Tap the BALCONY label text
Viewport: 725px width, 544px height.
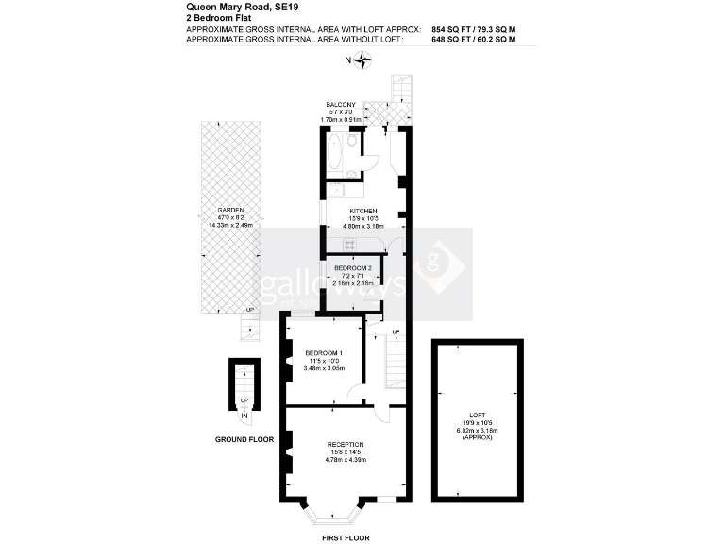point(341,103)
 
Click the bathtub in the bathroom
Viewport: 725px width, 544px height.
point(335,151)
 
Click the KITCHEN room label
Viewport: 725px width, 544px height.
point(363,211)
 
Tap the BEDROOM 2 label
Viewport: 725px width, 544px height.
point(352,267)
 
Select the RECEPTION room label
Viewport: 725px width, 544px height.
point(345,444)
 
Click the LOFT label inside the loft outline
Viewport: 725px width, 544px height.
point(477,412)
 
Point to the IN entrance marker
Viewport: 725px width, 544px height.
point(244,416)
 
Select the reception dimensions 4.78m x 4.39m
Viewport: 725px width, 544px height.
point(345,460)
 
